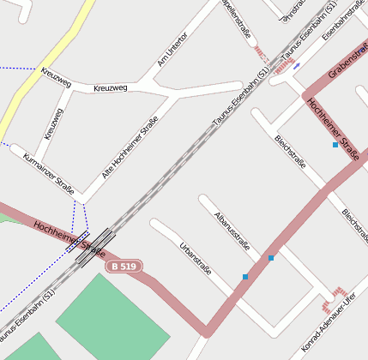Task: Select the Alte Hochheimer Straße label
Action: pos(130,147)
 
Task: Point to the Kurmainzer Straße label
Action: pos(49,171)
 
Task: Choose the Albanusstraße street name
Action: pos(232,231)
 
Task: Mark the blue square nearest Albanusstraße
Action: pos(271,257)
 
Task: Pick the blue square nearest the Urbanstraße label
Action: pos(245,276)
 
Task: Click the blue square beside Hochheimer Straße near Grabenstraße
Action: pos(335,145)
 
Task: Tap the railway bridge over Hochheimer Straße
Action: pos(94,246)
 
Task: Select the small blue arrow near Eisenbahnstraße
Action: pos(297,65)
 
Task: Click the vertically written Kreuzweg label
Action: pos(53,123)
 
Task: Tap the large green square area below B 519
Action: pos(112,316)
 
